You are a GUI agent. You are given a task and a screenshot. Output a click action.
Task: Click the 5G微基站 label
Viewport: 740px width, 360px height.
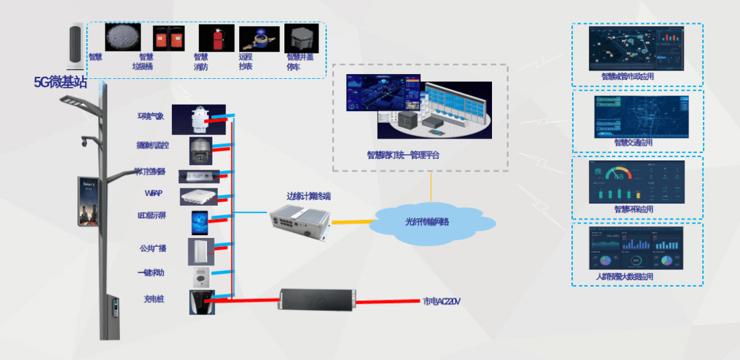60,83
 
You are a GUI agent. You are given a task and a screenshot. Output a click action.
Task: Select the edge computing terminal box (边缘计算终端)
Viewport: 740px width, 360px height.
299,221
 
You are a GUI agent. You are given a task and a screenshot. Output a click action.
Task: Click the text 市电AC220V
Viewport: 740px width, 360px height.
441,301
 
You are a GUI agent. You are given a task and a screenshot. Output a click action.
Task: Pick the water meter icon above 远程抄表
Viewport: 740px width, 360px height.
259,38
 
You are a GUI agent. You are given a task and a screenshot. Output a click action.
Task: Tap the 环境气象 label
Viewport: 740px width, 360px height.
151,116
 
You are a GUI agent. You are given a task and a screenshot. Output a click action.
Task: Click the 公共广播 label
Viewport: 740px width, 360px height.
153,248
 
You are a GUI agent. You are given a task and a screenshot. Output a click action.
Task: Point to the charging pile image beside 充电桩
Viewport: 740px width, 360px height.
200,302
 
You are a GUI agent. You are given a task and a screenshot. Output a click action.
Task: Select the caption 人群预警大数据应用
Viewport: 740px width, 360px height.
624,277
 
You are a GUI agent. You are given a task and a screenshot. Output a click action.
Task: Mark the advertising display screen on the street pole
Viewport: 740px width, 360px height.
90,202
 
